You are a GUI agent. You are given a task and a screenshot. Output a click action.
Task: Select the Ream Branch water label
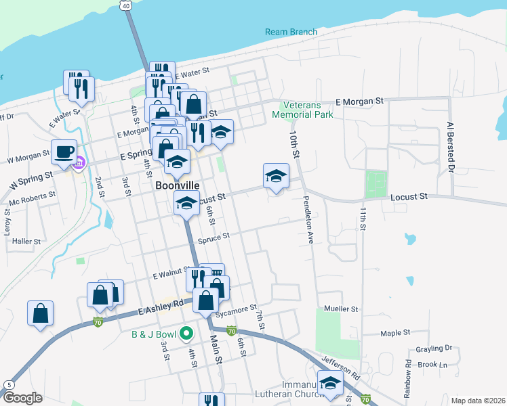point(291,32)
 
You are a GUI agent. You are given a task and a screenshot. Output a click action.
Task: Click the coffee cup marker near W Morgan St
point(64,152)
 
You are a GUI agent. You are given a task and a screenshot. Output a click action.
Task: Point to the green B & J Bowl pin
point(185,334)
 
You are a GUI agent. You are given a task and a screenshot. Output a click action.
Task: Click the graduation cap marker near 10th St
point(276,177)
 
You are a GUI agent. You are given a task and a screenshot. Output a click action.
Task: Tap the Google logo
point(22,398)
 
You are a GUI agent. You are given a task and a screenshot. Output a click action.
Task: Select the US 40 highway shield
point(127,5)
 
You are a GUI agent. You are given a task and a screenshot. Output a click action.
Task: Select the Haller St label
point(27,241)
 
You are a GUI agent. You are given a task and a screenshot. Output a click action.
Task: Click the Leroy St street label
point(8,221)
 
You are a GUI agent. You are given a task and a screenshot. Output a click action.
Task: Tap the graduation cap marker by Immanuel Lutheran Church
point(330,382)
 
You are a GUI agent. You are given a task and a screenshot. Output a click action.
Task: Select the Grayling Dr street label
point(435,348)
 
